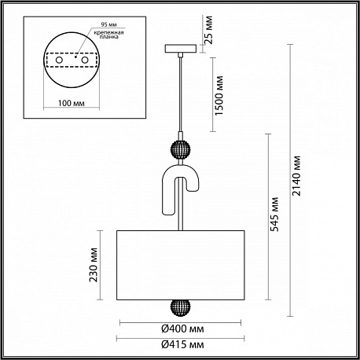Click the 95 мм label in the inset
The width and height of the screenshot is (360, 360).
(x=108, y=24)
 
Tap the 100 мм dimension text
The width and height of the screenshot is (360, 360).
(x=72, y=103)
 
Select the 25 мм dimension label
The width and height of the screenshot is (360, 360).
(x=208, y=30)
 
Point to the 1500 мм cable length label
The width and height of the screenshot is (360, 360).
(x=219, y=95)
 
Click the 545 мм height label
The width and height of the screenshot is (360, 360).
(x=274, y=215)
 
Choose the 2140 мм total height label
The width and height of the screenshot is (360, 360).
(x=296, y=175)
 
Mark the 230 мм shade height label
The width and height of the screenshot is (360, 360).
(x=94, y=265)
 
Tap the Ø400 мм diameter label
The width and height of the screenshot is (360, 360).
(x=182, y=329)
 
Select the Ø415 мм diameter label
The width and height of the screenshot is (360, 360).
(x=182, y=344)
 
